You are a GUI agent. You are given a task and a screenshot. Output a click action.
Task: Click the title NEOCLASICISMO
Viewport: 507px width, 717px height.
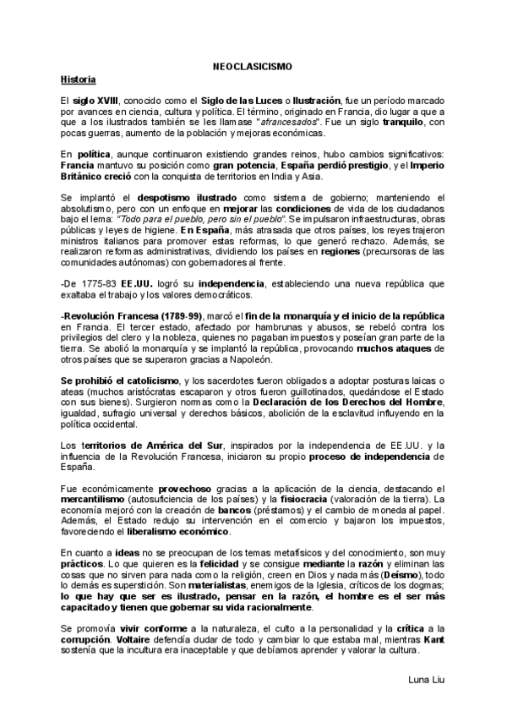tap(253, 66)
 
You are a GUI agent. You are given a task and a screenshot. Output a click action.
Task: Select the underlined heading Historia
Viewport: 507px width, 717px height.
tap(78, 79)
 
